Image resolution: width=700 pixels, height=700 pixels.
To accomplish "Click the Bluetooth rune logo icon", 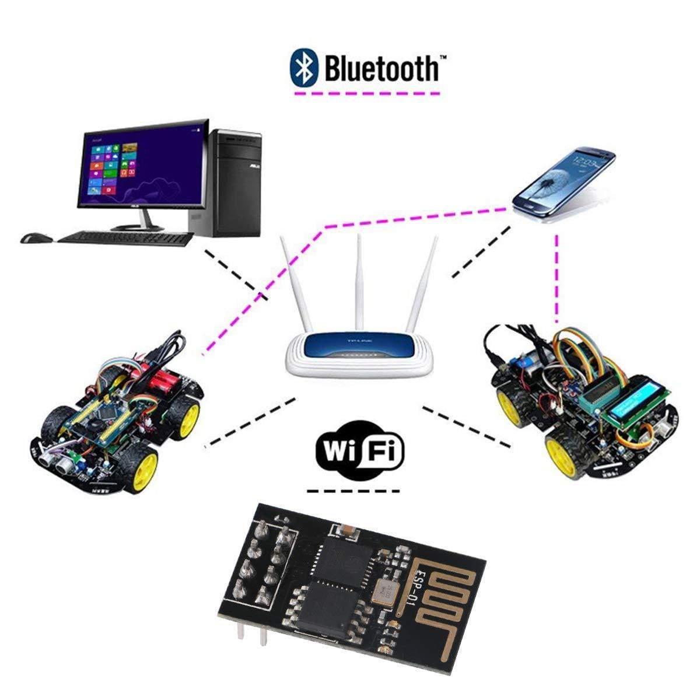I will point(304,66).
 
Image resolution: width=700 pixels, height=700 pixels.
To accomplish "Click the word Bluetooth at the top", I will point(382,68).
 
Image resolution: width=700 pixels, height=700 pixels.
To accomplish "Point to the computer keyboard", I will point(125,237).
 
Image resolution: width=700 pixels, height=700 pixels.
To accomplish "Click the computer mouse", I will point(36,238).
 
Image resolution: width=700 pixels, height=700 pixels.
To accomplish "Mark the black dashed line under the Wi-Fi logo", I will point(353,491).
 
